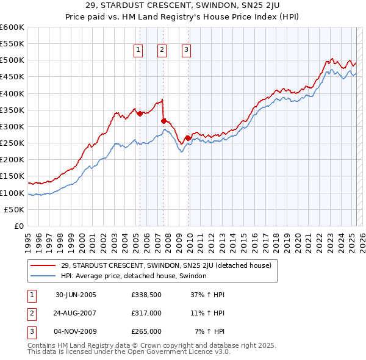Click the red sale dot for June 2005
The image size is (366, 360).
[140, 113]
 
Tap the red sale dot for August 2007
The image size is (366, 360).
[163, 121]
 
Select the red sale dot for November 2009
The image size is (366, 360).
[187, 138]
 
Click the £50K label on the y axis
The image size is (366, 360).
[14, 209]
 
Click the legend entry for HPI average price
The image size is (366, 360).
[134, 276]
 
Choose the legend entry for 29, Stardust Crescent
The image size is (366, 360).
[169, 265]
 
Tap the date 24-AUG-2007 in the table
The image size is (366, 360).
[75, 313]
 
